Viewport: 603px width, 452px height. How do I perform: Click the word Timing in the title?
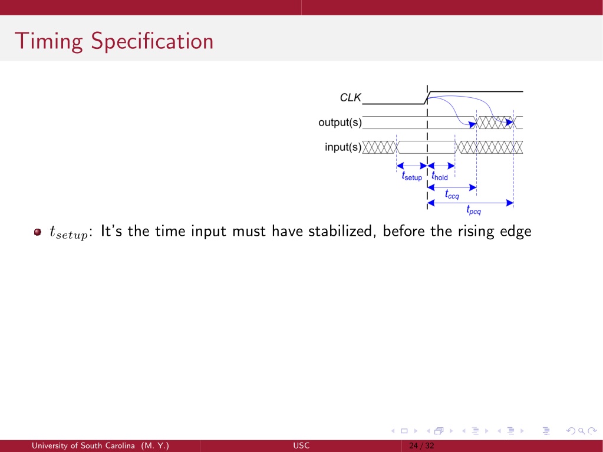tap(48, 41)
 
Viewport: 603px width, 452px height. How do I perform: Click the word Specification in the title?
tap(152, 41)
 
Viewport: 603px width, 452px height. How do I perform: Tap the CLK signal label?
tap(350, 98)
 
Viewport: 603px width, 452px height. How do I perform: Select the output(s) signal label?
tap(340, 123)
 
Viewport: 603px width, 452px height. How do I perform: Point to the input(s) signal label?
tap(343, 147)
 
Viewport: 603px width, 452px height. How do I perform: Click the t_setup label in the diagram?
tap(412, 176)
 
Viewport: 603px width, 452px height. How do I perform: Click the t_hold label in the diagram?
tap(440, 176)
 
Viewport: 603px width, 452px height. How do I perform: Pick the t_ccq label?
tap(452, 194)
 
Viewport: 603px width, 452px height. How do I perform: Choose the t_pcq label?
tap(473, 210)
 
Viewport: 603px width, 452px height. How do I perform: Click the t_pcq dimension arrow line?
tap(470, 203)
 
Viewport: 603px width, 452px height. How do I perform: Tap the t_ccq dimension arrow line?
tap(452, 187)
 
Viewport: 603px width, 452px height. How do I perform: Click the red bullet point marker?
tap(37, 232)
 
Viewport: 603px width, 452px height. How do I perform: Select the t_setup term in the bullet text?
tap(69, 233)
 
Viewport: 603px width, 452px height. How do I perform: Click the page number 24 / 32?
tap(421, 446)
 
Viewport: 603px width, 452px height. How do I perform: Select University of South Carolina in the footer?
tap(83, 446)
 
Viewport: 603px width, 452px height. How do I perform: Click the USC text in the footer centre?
tap(301, 446)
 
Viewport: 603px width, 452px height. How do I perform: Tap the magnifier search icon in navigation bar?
tap(581, 431)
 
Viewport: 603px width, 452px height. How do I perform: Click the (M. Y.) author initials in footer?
tap(155, 446)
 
